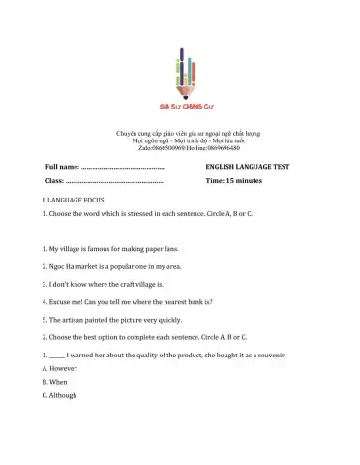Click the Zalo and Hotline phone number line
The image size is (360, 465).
[180, 148]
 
